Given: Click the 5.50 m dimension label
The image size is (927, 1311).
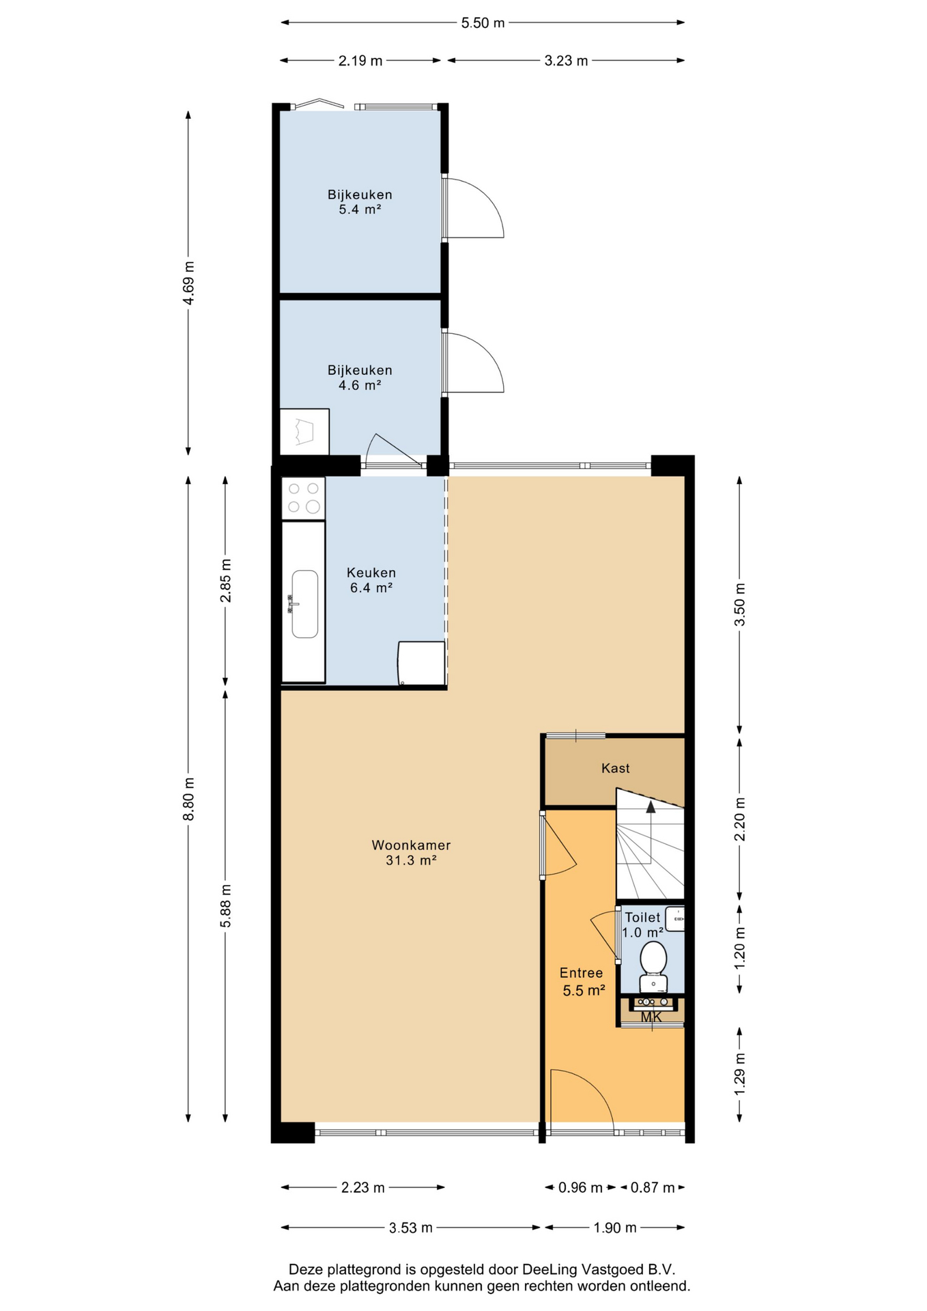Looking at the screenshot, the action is pos(483,23).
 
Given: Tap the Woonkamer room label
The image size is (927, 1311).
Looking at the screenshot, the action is pos(411,845).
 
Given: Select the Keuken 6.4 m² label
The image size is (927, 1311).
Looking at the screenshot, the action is pos(371,580).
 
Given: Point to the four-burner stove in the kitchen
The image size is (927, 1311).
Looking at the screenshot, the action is pos(304,498).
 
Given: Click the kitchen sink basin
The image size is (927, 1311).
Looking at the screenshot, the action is pos(305,604).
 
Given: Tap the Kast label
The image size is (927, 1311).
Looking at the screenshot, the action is pos(616,768).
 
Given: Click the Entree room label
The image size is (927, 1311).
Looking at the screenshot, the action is pos(582,973).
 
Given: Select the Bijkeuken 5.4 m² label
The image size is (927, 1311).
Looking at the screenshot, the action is pos(360,202).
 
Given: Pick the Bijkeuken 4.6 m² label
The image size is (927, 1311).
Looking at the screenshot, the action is pos(360,378).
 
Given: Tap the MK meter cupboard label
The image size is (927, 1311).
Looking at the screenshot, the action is pos(651,1017).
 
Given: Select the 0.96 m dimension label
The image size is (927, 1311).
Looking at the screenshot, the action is pos(580,1187).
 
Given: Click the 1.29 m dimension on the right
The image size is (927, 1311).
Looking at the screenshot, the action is pos(739,1074).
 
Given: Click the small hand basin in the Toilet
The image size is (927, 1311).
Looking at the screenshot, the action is pos(675,919).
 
